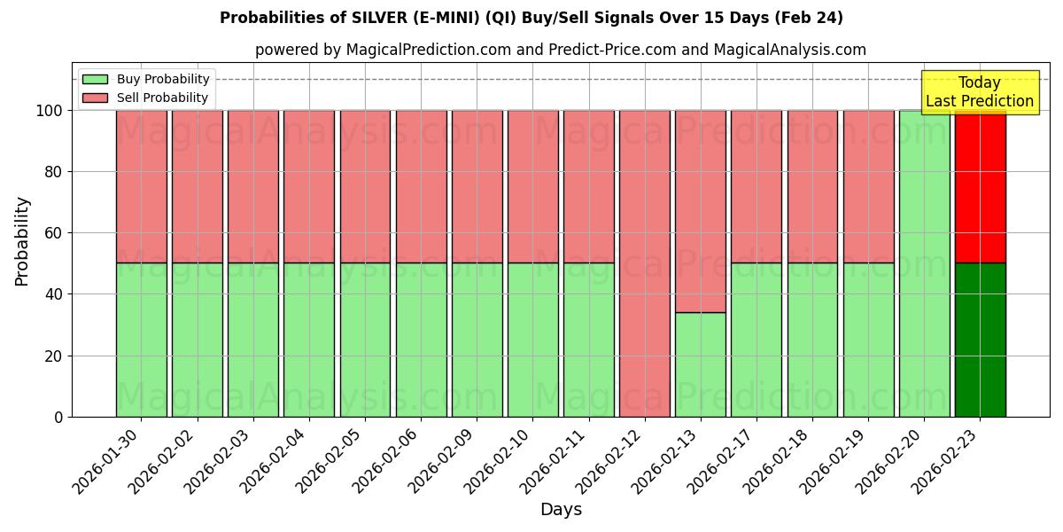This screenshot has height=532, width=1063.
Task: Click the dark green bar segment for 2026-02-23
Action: pyautogui.click(x=980, y=340)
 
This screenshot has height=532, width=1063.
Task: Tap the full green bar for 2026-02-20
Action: pyautogui.click(x=924, y=263)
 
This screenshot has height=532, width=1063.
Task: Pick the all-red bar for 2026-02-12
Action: pyautogui.click(x=644, y=263)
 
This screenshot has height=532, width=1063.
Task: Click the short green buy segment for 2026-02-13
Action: pyautogui.click(x=700, y=364)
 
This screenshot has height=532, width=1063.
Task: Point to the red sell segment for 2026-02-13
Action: pyautogui.click(x=700, y=211)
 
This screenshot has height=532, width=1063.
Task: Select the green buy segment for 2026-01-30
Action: pyautogui.click(x=141, y=340)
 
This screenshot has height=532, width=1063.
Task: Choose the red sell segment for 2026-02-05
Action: pyautogui.click(x=365, y=186)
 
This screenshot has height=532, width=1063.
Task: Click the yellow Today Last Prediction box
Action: pyautogui.click(x=980, y=92)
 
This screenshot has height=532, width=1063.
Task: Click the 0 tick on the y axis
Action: pyautogui.click(x=58, y=417)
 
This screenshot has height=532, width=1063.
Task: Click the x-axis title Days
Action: pyautogui.click(x=561, y=510)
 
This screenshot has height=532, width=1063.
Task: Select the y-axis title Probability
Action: pyautogui.click(x=22, y=241)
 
